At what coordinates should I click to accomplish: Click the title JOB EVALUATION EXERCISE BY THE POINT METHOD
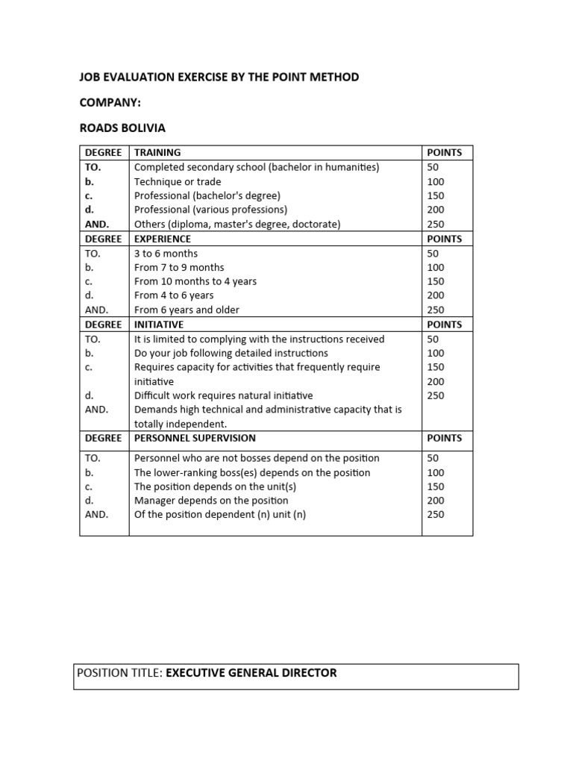point(219,77)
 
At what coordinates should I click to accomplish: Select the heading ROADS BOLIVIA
point(122,128)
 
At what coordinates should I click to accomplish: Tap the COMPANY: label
point(110,102)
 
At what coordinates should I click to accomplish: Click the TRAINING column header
point(157,152)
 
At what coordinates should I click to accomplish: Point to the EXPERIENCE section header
point(163,239)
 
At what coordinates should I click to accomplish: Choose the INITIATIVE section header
point(159,325)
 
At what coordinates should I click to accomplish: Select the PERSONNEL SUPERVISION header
point(195,438)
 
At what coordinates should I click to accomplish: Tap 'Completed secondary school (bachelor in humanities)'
point(257,167)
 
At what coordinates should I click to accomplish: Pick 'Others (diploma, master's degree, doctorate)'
point(237,224)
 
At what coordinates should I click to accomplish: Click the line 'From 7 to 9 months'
point(179,267)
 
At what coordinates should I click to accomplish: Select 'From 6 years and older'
point(187,310)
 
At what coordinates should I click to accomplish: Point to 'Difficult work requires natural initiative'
point(223,395)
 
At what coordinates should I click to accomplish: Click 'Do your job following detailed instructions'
point(231,353)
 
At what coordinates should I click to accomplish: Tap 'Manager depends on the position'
point(211,501)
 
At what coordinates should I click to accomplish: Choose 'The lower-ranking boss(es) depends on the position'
point(252,472)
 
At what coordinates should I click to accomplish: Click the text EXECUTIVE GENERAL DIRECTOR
point(251,673)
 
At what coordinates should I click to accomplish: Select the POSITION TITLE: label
point(119,673)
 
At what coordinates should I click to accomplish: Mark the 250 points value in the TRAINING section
point(436,224)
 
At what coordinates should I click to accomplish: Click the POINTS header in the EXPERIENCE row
point(444,239)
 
